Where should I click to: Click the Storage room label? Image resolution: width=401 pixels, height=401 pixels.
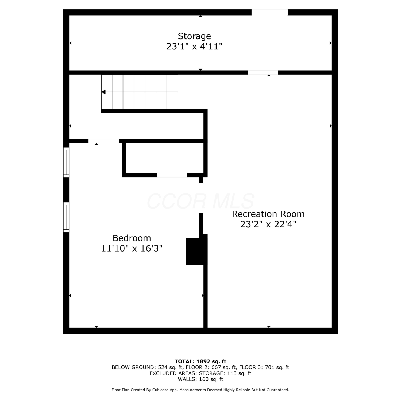(194, 36)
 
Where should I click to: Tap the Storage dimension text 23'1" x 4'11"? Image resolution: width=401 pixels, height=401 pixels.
(194, 47)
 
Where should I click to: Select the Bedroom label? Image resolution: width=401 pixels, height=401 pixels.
(132, 238)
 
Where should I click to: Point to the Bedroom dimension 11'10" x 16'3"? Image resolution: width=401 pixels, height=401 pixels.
(132, 248)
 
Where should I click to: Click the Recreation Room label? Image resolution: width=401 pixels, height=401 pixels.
(268, 214)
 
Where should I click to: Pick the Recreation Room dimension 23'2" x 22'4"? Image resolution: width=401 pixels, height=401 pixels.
(268, 224)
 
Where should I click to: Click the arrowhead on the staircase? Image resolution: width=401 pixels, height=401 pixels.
(103, 92)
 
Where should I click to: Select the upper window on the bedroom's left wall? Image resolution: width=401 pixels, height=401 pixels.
(66, 162)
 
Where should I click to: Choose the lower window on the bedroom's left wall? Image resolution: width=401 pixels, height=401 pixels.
(66, 217)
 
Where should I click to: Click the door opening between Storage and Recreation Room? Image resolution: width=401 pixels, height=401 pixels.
(263, 72)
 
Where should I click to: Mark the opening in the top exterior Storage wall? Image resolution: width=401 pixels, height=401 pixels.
(269, 12)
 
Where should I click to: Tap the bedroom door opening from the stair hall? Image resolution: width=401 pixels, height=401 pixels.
(103, 141)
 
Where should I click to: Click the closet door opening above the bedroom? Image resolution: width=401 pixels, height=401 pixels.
(172, 175)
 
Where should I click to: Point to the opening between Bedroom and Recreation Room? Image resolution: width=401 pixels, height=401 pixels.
(201, 198)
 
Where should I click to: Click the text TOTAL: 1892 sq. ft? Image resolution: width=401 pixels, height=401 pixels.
(200, 361)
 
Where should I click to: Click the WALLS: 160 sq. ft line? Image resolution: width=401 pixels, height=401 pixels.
(200, 379)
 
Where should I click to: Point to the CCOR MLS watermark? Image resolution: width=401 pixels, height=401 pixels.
(200, 201)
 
